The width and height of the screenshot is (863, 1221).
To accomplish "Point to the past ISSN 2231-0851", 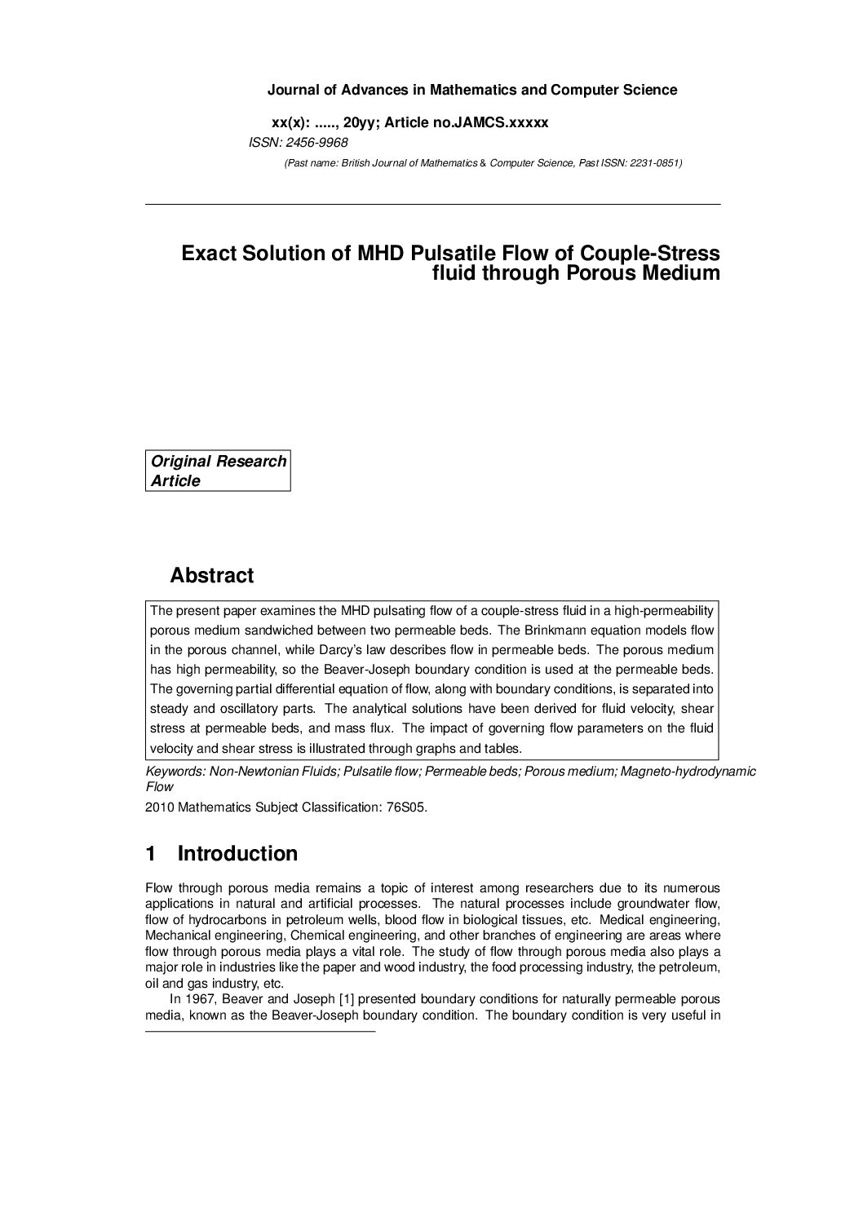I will click(x=653, y=163).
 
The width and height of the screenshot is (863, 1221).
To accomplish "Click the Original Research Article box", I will click(x=218, y=471).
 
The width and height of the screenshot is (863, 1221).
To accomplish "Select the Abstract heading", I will click(x=211, y=575).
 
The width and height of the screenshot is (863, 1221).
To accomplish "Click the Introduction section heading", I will click(x=237, y=853).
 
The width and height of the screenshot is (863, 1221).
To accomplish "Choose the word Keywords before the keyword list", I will click(x=174, y=771).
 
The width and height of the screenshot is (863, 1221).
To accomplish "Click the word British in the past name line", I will click(x=356, y=163).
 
